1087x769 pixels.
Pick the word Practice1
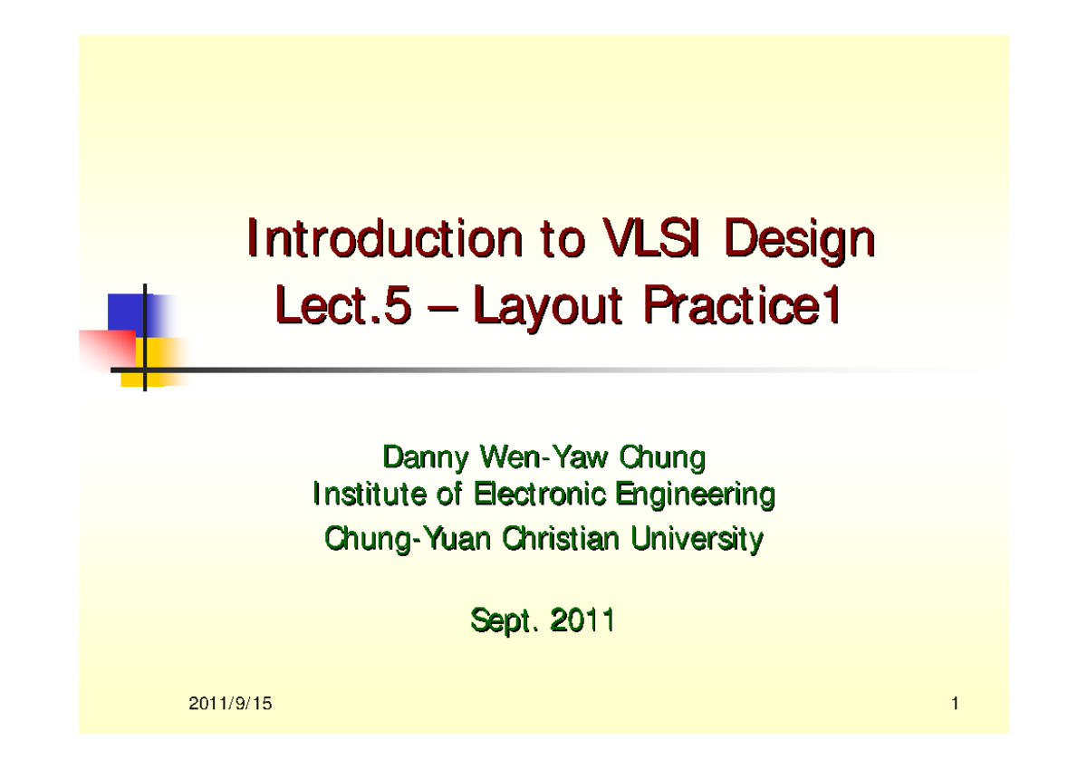coord(742,308)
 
